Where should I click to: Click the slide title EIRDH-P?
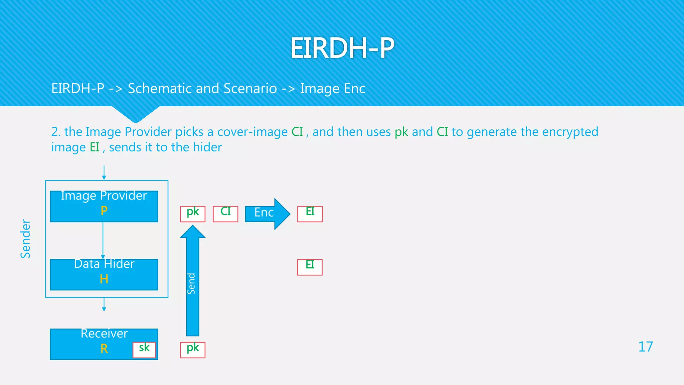[x=342, y=48]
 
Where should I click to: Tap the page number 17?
[x=645, y=347]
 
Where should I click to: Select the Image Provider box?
[x=104, y=206]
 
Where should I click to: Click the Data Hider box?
[x=104, y=274]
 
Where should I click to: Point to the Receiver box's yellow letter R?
[x=104, y=349]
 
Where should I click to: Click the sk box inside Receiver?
[x=144, y=350]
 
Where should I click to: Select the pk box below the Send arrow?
[x=193, y=350]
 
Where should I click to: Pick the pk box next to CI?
[x=193, y=214]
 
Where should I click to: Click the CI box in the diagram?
[x=225, y=214]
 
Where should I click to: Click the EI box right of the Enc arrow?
[x=310, y=214]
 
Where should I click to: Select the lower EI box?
[x=310, y=267]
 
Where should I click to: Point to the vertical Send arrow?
[x=193, y=284]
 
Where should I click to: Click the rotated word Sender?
[x=25, y=239]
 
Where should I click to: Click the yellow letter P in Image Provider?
[x=104, y=211]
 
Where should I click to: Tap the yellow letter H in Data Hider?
[x=104, y=279]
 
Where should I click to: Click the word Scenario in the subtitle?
[x=250, y=89]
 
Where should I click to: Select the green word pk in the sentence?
[x=401, y=132]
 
